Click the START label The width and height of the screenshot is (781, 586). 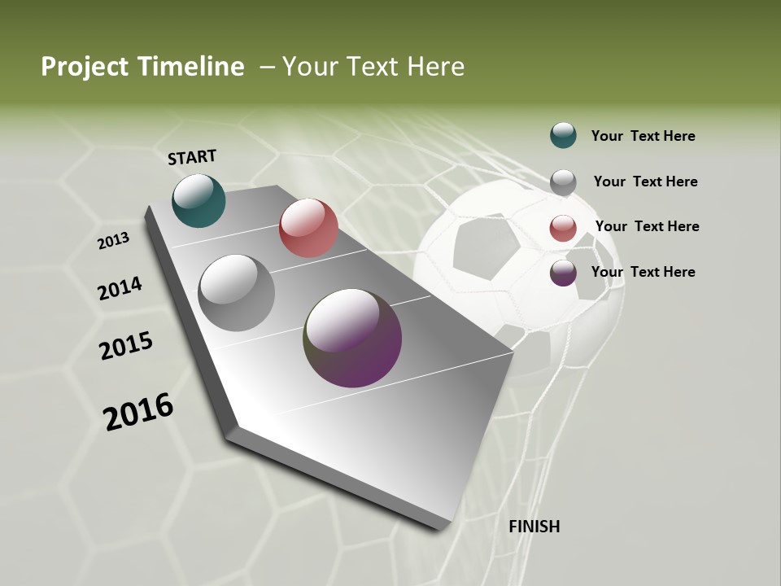click(192, 157)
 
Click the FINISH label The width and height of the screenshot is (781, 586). click(534, 527)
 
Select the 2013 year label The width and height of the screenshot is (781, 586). click(113, 241)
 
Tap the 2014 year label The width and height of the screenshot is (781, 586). click(120, 289)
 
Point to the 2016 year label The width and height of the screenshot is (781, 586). click(138, 412)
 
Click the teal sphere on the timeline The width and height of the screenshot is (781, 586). click(199, 200)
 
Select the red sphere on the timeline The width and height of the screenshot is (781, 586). click(308, 228)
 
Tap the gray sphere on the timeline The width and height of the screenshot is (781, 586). click(236, 293)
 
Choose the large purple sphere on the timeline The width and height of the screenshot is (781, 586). click(352, 338)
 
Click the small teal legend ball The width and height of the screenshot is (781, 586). click(563, 135)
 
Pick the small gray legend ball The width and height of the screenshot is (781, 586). click(563, 182)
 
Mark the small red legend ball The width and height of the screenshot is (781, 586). click(563, 228)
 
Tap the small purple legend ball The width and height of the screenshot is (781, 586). click(563, 273)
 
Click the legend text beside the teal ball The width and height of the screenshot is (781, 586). click(643, 136)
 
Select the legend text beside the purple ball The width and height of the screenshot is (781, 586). click(643, 272)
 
